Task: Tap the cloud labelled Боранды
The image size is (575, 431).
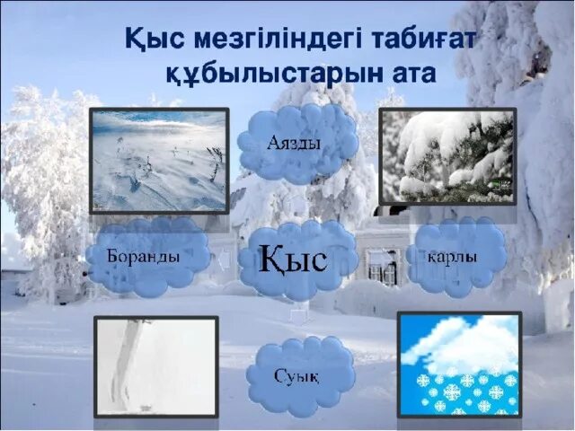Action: [146, 256]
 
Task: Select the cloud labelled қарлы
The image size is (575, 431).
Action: [456, 256]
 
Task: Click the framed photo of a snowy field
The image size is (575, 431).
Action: [159, 160]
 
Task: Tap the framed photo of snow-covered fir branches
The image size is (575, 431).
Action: [447, 157]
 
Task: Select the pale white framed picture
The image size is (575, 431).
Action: [156, 365]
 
